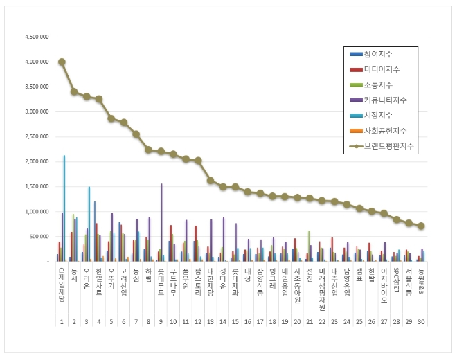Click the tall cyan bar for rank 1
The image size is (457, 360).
[x=64, y=208]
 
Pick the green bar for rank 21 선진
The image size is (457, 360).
[x=308, y=246]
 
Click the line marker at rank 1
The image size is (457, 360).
[x=62, y=62]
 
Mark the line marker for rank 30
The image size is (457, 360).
[x=420, y=226]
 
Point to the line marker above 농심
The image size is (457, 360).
[x=136, y=134]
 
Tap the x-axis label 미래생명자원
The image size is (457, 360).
[x=321, y=288]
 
